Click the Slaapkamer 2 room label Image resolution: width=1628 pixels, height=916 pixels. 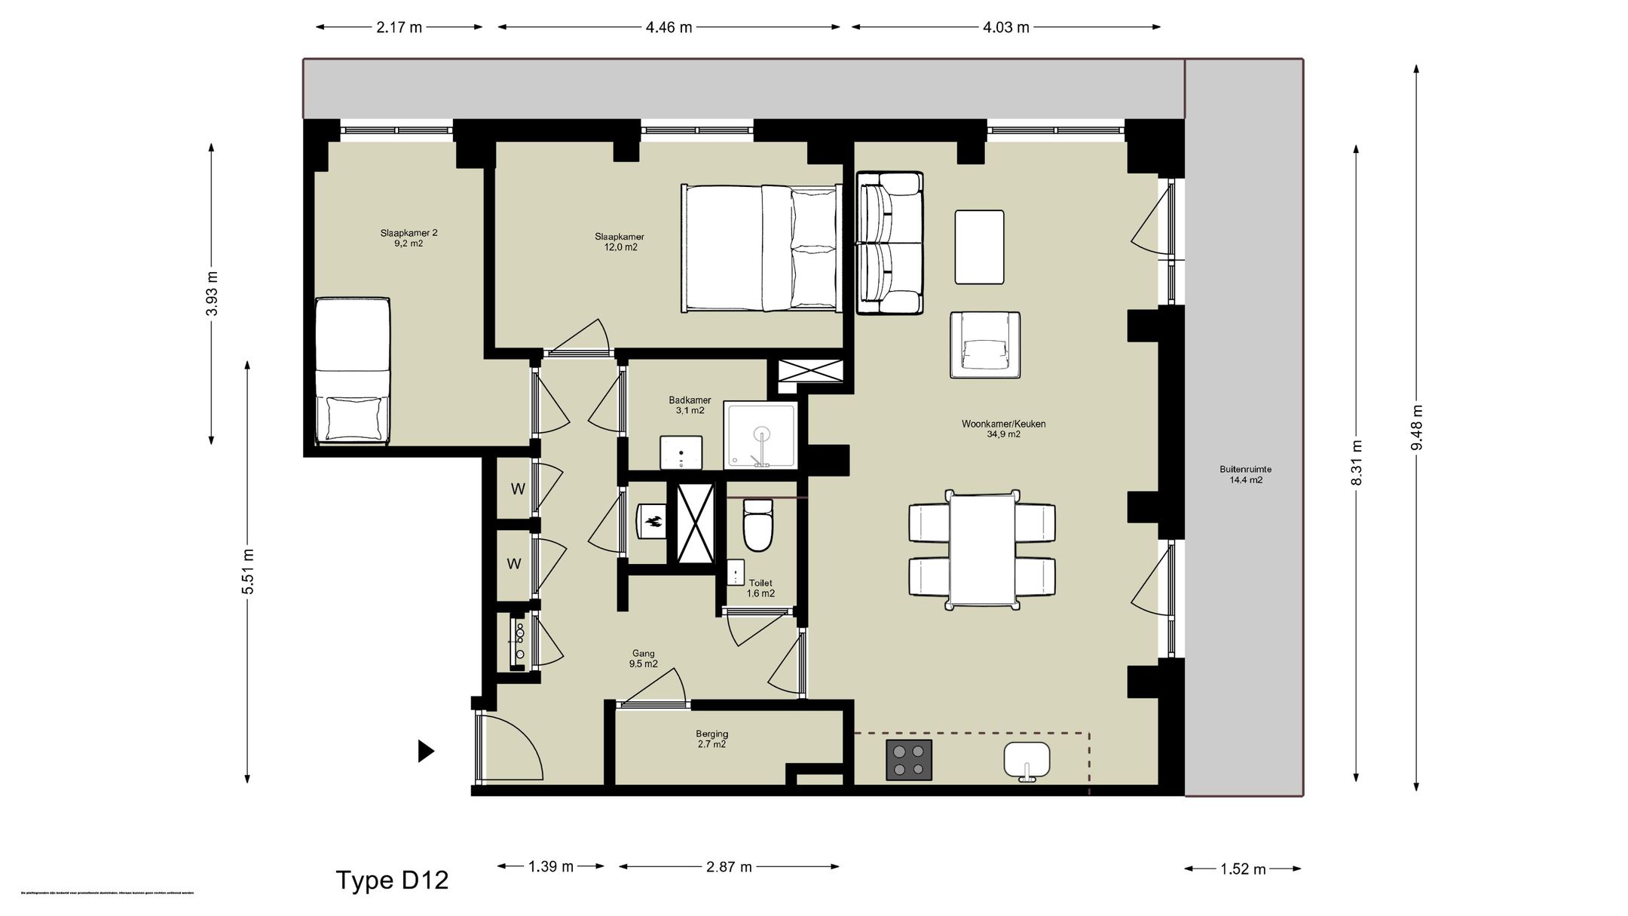(x=409, y=238)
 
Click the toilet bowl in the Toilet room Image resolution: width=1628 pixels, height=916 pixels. (x=757, y=525)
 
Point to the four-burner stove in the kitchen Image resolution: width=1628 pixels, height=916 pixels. (x=908, y=760)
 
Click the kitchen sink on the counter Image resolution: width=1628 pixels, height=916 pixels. (x=1027, y=760)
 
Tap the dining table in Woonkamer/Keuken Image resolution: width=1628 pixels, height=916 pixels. (x=982, y=549)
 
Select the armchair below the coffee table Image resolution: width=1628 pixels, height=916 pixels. (x=985, y=345)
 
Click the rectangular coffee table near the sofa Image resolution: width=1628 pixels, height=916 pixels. (x=979, y=247)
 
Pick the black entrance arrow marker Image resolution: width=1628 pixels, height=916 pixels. (x=426, y=751)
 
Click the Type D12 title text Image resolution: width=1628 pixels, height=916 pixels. (x=392, y=880)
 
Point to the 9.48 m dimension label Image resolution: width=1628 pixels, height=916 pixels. (x=1417, y=427)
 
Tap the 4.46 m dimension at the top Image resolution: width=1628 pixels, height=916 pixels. (x=669, y=28)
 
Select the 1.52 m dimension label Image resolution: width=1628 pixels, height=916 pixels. (x=1243, y=869)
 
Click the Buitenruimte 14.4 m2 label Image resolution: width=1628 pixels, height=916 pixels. (x=1245, y=474)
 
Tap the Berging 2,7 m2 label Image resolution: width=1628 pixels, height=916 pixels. (x=711, y=739)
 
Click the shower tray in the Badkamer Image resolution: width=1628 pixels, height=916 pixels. (x=760, y=436)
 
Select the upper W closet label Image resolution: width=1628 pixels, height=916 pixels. (x=518, y=489)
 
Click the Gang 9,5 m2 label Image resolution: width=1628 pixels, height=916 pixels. (x=643, y=659)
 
